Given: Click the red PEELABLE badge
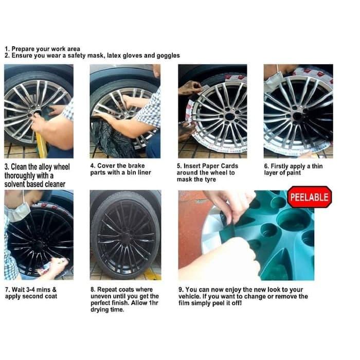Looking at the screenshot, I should pos(309,197).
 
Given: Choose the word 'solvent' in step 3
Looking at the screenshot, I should pos(17,184).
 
